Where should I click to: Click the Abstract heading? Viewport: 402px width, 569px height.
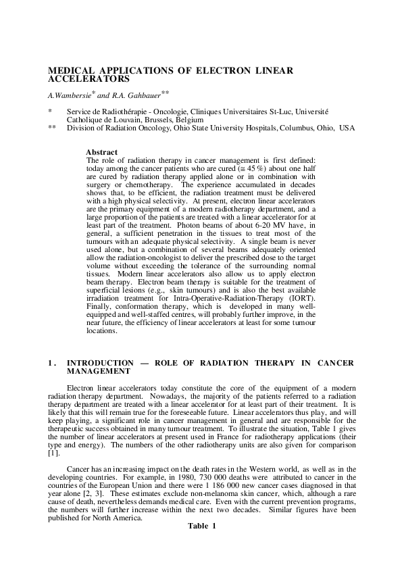[102, 152]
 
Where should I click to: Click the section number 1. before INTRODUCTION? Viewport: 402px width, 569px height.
[52, 363]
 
